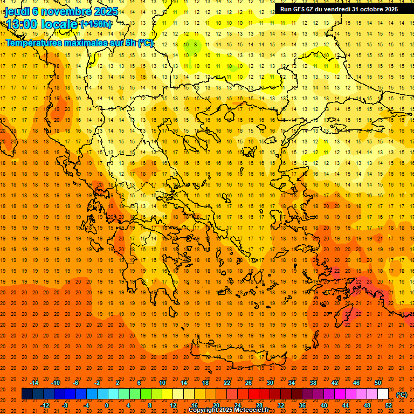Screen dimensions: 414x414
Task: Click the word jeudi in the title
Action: click(x=17, y=11)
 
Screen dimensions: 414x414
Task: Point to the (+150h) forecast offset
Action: click(x=96, y=24)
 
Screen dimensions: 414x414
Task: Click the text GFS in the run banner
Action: click(x=301, y=9)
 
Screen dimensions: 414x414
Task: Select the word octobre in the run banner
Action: click(x=372, y=9)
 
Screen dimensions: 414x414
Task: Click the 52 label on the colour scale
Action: click(x=389, y=405)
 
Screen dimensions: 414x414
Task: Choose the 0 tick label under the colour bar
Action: click(x=107, y=405)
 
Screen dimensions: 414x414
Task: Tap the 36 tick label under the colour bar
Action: click(x=302, y=405)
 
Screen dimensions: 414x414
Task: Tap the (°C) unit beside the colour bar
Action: click(x=402, y=395)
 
